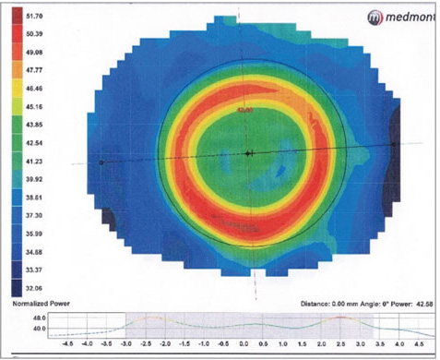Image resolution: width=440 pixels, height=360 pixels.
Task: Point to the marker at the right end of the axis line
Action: [395, 145]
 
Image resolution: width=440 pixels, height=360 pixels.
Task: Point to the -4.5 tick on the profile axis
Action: [65, 351]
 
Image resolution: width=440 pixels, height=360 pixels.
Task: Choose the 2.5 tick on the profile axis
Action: [342, 351]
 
